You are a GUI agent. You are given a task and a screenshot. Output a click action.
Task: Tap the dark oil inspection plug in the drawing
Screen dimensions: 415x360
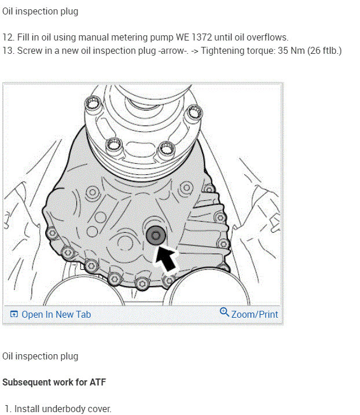click(155, 235)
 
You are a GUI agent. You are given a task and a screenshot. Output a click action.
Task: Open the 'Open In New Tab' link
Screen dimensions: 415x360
click(56, 314)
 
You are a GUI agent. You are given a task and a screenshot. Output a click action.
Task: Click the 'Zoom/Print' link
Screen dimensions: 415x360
click(255, 314)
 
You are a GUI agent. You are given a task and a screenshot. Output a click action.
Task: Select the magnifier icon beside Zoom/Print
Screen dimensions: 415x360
click(225, 313)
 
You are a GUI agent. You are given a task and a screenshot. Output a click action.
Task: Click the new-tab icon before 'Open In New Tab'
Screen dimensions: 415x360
click(14, 314)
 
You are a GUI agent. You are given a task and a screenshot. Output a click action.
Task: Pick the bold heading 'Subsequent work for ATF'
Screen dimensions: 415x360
click(54, 383)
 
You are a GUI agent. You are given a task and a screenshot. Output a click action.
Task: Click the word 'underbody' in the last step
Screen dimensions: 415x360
click(67, 409)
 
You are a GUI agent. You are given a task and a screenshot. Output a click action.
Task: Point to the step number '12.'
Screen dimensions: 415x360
click(8, 37)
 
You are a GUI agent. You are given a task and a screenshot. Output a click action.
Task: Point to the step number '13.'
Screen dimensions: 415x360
click(8, 50)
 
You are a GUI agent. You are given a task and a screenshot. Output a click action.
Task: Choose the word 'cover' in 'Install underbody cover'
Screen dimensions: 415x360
click(100, 409)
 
